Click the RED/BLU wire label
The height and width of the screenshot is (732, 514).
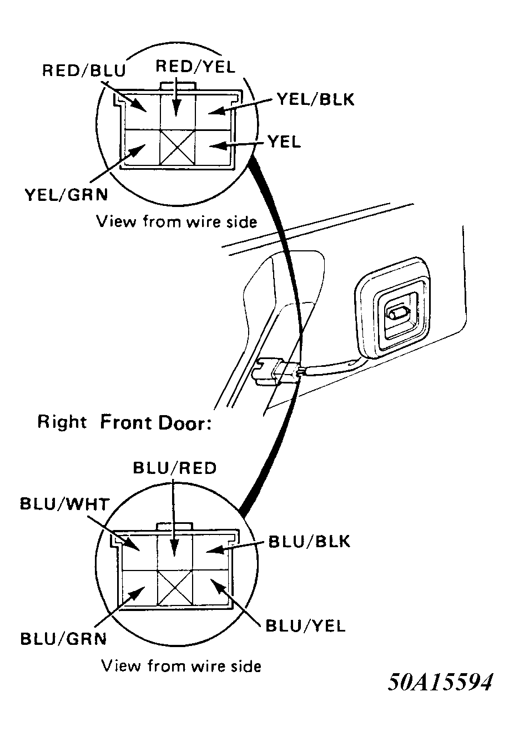coord(84,70)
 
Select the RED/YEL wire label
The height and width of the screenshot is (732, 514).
coord(195,67)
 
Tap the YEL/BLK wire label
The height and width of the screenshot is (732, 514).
coord(315,99)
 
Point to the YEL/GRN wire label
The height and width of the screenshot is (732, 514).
coord(66,195)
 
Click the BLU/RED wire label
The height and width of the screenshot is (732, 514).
coord(174,468)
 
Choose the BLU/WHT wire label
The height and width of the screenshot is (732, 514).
coord(64,504)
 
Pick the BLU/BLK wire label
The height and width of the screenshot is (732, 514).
coord(309,541)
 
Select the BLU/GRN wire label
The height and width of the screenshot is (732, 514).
coord(63,639)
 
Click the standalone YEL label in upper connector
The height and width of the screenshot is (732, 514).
coord(284,142)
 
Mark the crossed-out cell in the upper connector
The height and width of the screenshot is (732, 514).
coord(177,147)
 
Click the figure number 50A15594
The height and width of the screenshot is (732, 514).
coord(440,682)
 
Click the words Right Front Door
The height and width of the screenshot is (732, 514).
coord(124,422)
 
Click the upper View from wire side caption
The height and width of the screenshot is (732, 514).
coord(177,222)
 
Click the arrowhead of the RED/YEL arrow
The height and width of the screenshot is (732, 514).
coord(176,108)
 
